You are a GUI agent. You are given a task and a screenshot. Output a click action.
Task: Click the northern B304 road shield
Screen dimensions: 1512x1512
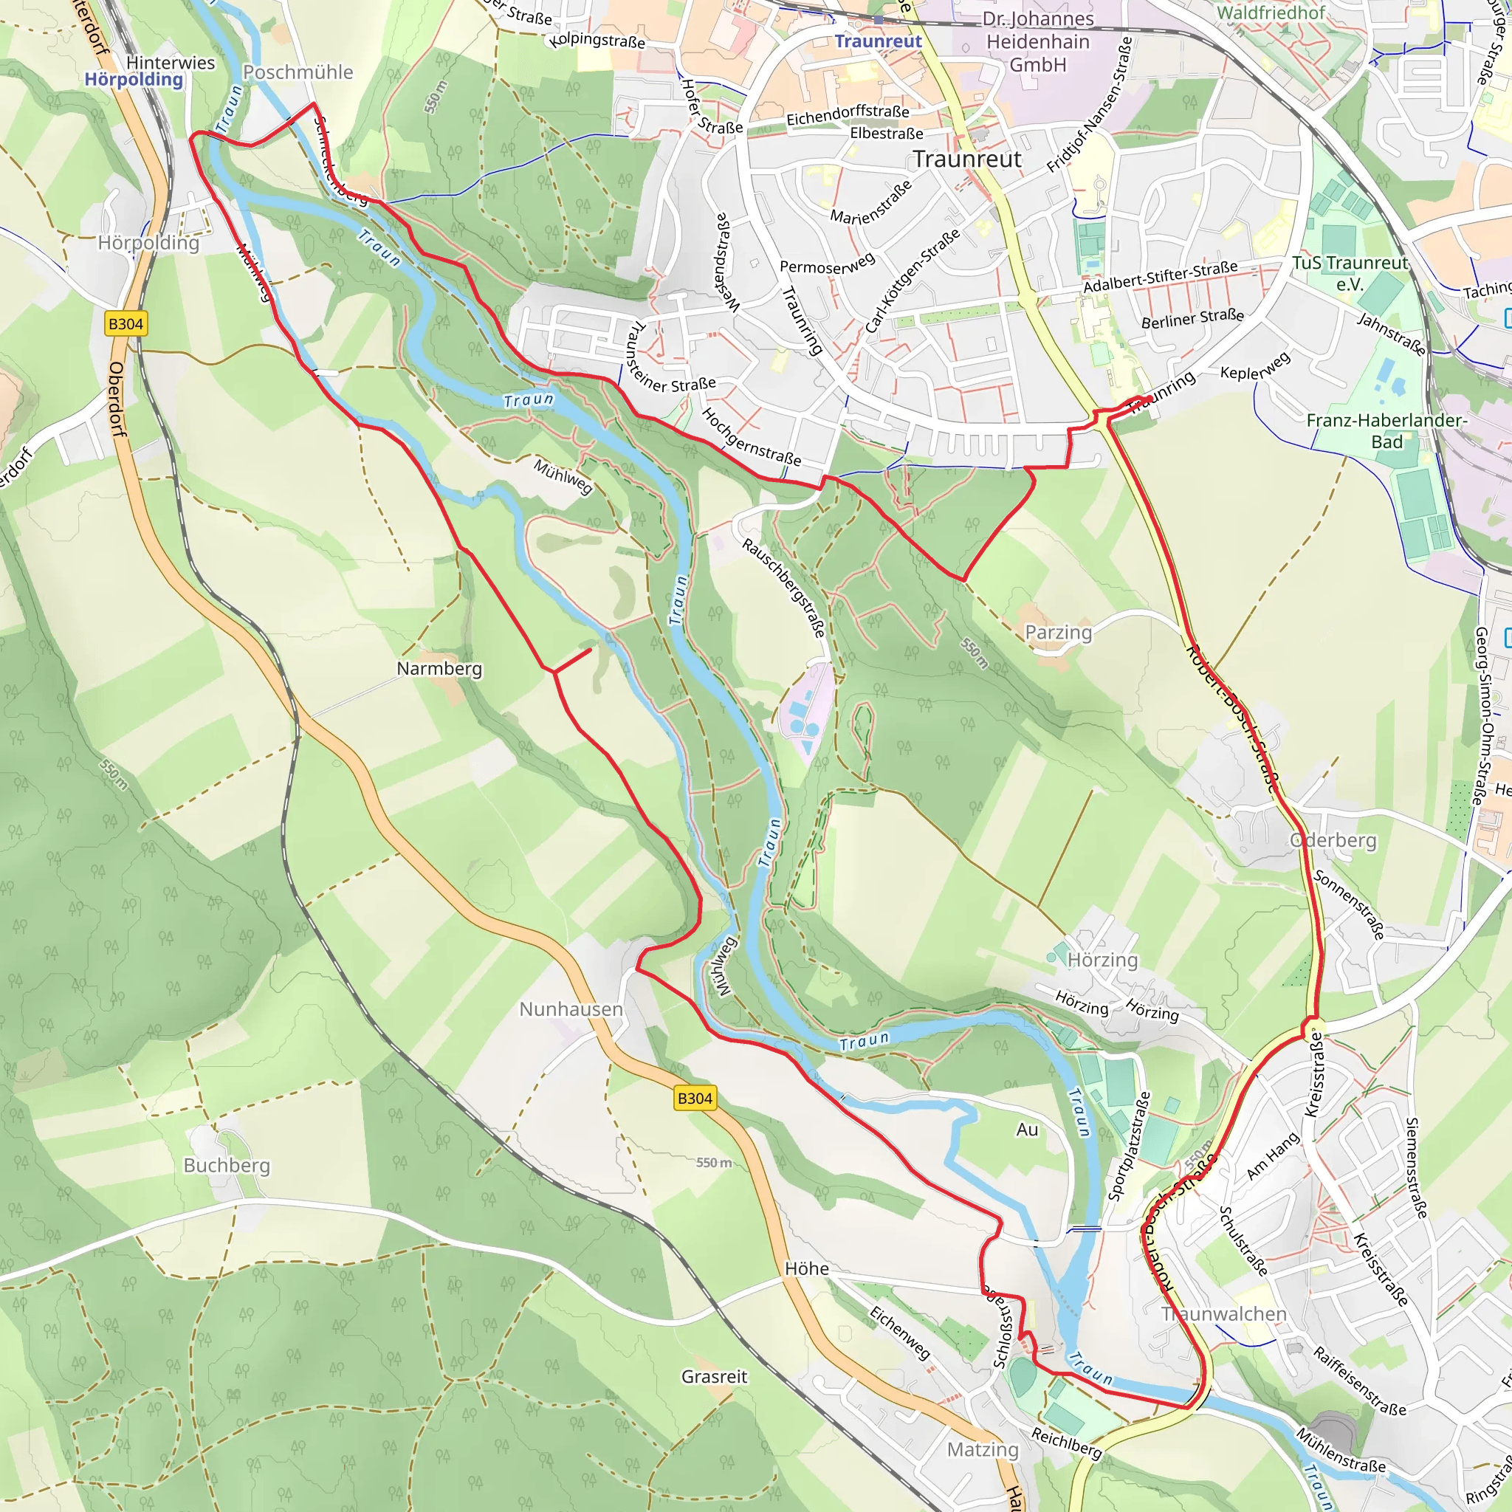coord(126,324)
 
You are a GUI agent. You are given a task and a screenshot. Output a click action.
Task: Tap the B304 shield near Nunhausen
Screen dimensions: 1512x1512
coord(694,1098)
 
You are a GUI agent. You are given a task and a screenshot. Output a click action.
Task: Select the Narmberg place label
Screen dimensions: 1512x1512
coord(439,668)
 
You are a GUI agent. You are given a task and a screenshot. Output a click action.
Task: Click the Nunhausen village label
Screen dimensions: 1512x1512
coord(571,1008)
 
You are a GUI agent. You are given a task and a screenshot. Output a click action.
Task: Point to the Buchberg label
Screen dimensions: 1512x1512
coord(226,1165)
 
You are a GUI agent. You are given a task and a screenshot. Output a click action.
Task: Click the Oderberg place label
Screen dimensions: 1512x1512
coord(1333,840)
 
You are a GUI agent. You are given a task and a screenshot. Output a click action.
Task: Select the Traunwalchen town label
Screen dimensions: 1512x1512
coord(1224,1314)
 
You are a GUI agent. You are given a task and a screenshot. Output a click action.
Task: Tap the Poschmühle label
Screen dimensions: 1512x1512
coord(298,72)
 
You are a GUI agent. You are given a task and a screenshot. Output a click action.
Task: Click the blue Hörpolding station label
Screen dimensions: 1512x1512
coord(134,79)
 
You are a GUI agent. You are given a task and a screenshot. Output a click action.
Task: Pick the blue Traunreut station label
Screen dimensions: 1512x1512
coord(877,41)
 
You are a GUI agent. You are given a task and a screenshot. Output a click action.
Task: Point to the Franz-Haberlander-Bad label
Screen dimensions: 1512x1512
coord(1386,430)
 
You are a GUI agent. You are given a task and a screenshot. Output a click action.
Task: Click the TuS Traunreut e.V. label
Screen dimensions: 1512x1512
coord(1350,273)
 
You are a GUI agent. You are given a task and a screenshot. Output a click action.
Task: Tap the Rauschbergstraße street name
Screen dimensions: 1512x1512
coord(783,587)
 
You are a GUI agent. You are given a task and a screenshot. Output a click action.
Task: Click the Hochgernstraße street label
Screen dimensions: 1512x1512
coord(751,437)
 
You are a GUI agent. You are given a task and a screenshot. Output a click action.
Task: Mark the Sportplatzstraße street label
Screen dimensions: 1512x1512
coord(1129,1147)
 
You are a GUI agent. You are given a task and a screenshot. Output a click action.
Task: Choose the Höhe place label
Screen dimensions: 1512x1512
coord(806,1268)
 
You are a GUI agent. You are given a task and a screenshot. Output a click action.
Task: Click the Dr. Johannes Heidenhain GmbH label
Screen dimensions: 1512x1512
coord(1037,41)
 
